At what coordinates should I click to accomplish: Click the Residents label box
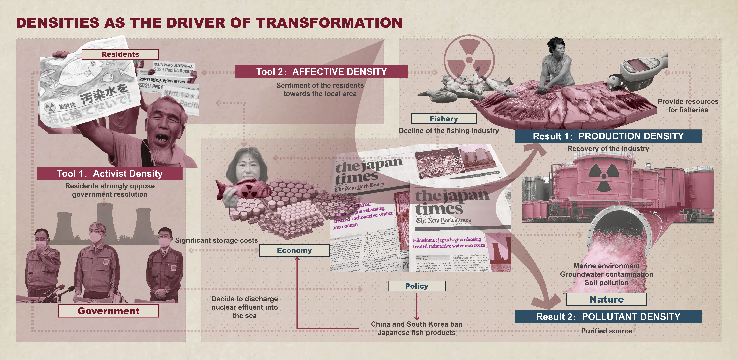click(x=120, y=54)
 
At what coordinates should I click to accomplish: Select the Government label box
click(x=109, y=311)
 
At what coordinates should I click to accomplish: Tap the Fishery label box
click(x=444, y=119)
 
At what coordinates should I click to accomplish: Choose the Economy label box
click(x=294, y=250)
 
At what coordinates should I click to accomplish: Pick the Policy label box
click(x=417, y=286)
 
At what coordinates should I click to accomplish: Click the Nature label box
click(x=606, y=299)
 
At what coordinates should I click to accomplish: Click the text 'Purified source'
click(x=606, y=331)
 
